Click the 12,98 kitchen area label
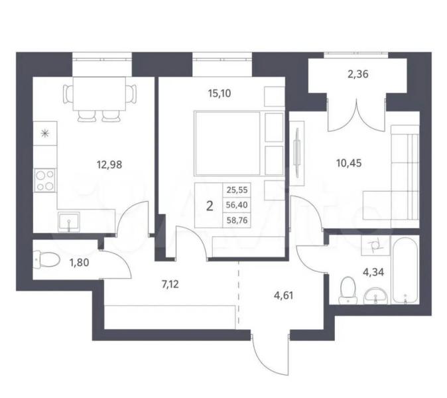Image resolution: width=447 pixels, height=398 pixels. coord(109,165)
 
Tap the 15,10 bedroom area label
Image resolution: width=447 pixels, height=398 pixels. coord(220,94)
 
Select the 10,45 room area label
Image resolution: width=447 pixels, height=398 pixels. coord(349,163)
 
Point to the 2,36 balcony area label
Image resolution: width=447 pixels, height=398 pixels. coord(358,74)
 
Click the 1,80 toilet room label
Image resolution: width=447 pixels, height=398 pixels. coord(79,262)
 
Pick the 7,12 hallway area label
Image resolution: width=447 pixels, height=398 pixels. coord(170,285)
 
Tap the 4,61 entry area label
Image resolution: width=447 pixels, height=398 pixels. coord(283,295)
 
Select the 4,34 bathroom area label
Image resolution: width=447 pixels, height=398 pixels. coord(373,272)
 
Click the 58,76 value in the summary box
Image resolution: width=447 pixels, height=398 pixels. coord(237,220)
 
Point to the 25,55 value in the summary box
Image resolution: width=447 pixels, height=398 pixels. coord(237,190)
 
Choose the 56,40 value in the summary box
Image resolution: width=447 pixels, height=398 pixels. coord(237,205)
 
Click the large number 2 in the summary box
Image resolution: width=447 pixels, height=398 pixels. coord(210,206)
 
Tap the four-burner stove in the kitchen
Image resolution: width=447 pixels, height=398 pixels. coord(45,180)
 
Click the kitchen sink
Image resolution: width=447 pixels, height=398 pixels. coord(69,222)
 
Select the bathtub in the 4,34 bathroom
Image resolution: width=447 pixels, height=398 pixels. coord(405,270)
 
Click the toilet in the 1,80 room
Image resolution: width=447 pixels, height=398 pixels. coord(46,259)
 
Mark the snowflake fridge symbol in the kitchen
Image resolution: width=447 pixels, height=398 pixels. coord(44,133)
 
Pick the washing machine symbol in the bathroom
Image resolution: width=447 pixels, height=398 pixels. coord(375,245)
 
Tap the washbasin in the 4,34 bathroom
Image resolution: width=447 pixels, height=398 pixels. coord(376,295)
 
